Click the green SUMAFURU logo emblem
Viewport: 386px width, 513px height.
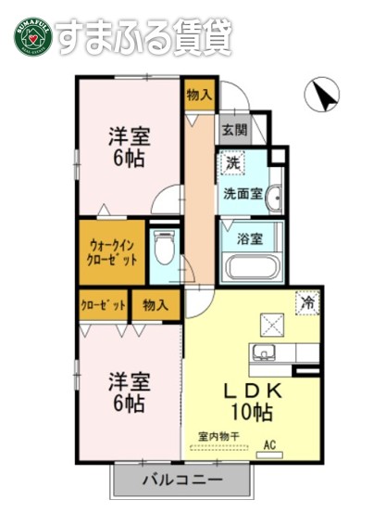pos(30,36)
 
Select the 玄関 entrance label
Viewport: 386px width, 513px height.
pos(231,130)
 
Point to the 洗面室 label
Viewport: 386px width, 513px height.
pos(243,195)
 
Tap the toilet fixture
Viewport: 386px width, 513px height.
pos(166,250)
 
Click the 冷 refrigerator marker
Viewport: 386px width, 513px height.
pos(306,301)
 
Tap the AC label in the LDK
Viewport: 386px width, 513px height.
pos(271,443)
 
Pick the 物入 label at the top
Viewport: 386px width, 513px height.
pos(199,94)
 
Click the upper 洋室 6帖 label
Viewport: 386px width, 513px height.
pos(129,146)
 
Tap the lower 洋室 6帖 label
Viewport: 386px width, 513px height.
pos(129,391)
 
